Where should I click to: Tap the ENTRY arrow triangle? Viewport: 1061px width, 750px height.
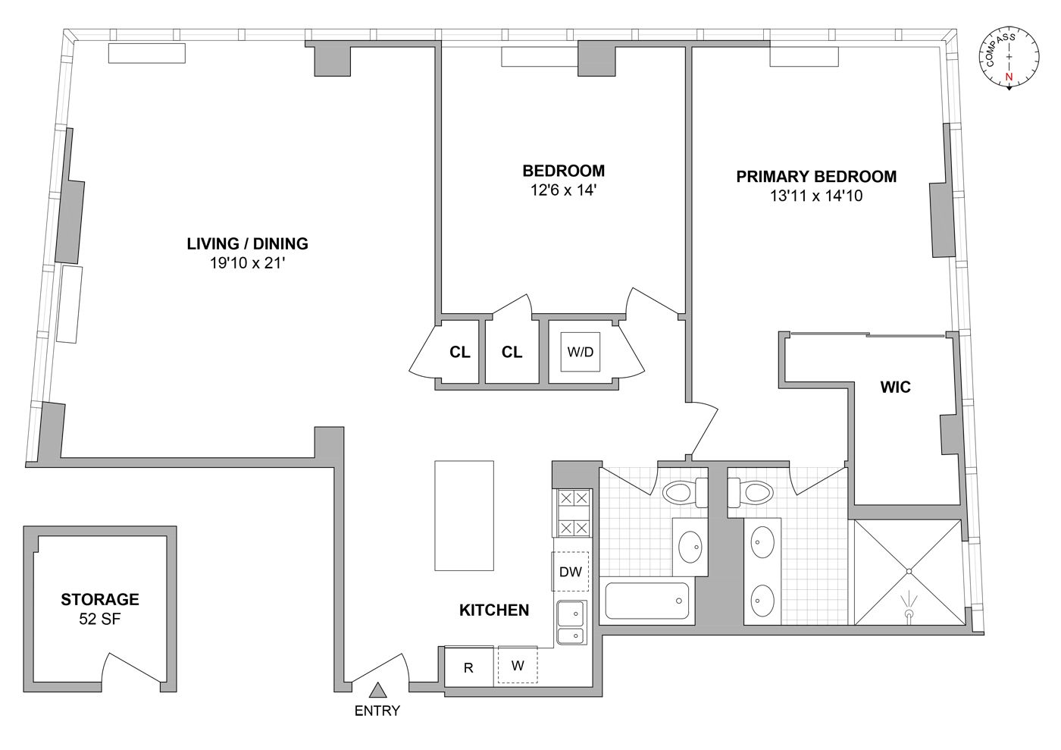377,690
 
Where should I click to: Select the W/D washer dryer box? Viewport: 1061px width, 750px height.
581,352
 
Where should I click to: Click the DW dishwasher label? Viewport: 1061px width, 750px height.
571,572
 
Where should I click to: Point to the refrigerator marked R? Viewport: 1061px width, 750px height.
468,667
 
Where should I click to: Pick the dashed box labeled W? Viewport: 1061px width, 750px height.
518,665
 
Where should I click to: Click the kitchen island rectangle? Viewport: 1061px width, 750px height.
464,516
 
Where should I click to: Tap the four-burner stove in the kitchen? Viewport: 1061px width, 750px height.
573,513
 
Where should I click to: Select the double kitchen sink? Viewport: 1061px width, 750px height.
571,623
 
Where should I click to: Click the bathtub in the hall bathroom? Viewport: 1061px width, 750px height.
647,601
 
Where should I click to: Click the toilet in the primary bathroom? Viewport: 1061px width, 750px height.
750,493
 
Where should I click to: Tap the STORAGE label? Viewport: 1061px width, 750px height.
100,599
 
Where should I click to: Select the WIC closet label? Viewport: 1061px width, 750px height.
895,387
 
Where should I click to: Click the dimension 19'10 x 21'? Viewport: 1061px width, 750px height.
247,263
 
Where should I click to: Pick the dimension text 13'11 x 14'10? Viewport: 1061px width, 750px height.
816,196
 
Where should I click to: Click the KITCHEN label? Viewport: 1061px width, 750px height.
494,610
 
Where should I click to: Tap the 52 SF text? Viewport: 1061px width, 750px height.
100,619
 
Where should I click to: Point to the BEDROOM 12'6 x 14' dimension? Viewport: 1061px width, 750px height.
563,190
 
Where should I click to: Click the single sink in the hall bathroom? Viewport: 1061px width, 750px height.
690,547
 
